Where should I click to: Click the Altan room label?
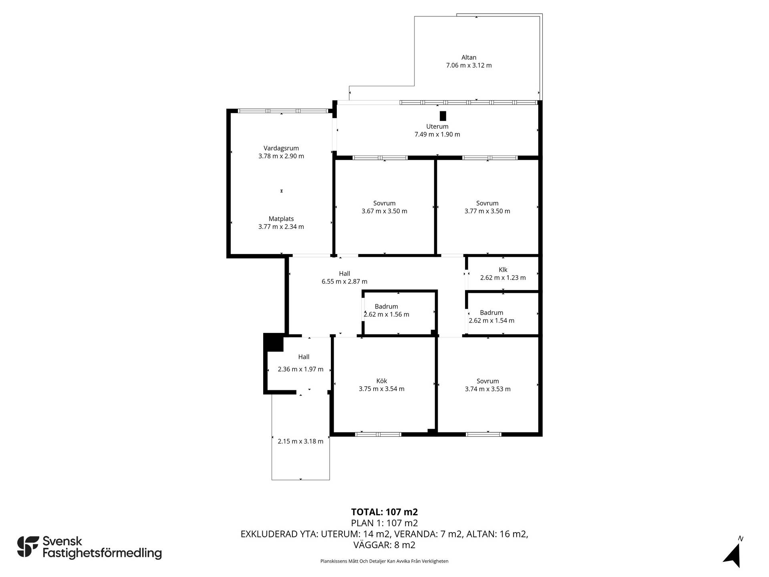(469, 58)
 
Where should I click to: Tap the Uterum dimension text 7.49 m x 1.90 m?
(437, 135)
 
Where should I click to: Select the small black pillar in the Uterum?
(443, 116)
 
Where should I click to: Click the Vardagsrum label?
(281, 148)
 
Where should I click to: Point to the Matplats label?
(281, 219)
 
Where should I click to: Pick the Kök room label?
(382, 381)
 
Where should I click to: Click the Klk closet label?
(503, 270)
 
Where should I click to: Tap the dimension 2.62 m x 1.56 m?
(387, 315)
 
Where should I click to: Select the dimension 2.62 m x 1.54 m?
(491, 321)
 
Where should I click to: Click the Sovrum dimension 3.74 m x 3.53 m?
(488, 389)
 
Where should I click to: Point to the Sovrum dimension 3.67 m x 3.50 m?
(384, 211)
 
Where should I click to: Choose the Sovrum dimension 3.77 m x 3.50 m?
(487, 211)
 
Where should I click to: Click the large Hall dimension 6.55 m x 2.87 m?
(344, 282)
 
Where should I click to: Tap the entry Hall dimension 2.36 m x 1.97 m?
(301, 369)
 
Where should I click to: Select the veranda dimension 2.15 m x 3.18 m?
(301, 442)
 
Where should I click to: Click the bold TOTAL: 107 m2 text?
(384, 512)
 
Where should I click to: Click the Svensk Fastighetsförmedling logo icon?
(28, 547)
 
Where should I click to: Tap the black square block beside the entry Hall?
(273, 342)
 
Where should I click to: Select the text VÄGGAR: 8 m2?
(384, 545)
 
